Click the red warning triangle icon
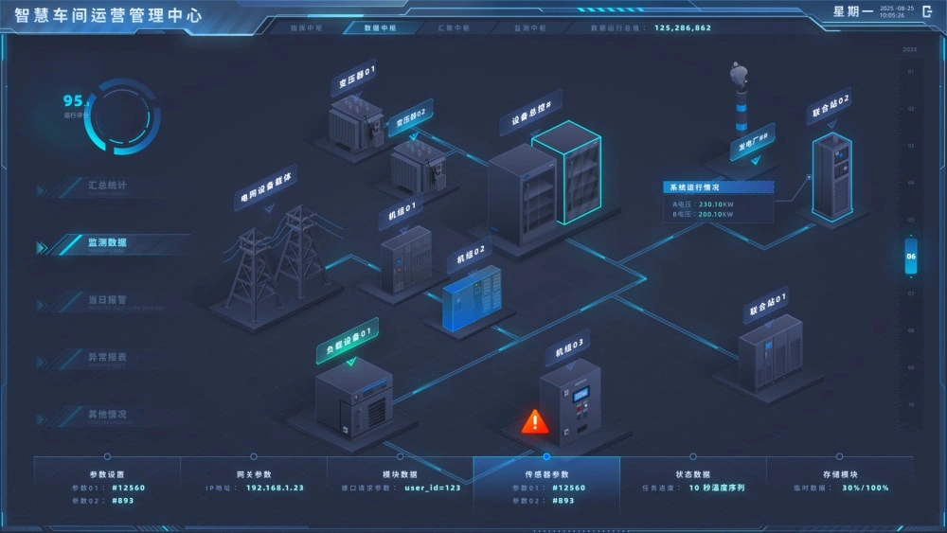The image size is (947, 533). (x=535, y=421)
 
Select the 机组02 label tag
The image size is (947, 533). (x=471, y=255)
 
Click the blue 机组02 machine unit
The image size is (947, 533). (x=472, y=297)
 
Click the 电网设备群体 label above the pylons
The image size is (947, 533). (x=267, y=187)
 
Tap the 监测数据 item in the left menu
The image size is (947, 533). (x=107, y=243)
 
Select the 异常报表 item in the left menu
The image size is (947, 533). (x=107, y=358)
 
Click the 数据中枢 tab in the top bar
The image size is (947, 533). (x=381, y=28)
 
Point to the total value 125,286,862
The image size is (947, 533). (x=683, y=28)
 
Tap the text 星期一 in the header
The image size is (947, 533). (x=852, y=12)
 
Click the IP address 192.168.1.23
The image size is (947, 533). (x=275, y=489)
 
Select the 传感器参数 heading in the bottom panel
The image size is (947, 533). (x=546, y=474)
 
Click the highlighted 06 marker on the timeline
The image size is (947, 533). (x=911, y=257)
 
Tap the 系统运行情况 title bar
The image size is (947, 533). (x=718, y=187)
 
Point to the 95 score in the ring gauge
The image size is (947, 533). (x=73, y=101)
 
